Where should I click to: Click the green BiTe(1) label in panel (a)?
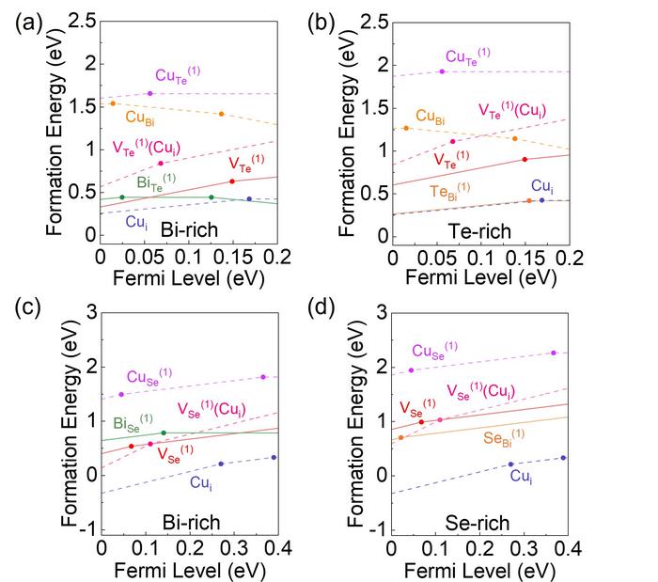coord(156,181)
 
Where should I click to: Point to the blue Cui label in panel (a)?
coord(135,221)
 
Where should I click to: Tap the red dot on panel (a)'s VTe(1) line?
coord(231,181)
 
